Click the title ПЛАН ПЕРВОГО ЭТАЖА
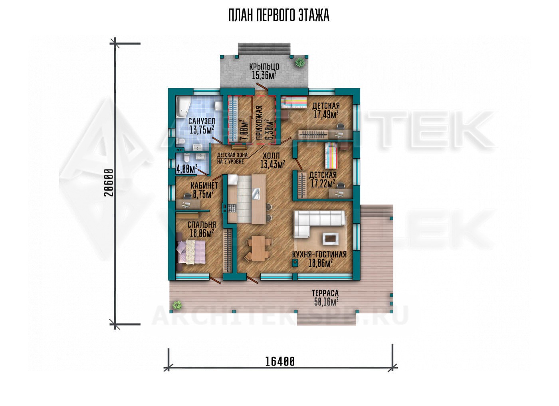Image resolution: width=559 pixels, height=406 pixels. [x=279, y=16]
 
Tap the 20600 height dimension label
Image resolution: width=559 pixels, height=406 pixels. [x=109, y=183]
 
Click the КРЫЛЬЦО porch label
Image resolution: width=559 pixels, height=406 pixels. [x=264, y=67]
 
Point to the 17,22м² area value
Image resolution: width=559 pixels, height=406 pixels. [x=323, y=183]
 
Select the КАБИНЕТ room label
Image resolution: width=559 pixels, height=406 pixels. [x=204, y=185]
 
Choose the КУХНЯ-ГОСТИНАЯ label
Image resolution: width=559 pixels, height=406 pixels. [x=319, y=255]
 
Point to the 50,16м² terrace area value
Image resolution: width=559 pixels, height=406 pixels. [x=326, y=302]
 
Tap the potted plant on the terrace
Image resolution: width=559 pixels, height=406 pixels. [x=177, y=305]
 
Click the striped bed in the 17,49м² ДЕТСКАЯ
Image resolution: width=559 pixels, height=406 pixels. [x=294, y=102]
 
